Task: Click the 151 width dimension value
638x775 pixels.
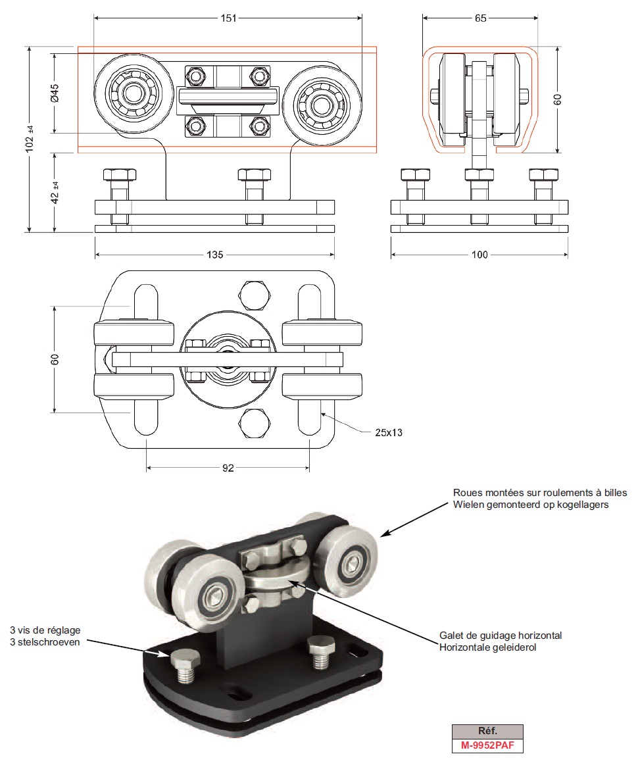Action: click(x=228, y=18)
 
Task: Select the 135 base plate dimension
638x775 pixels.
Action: click(x=216, y=255)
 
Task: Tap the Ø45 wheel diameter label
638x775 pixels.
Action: click(x=55, y=93)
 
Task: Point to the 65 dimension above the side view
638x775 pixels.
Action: click(x=480, y=18)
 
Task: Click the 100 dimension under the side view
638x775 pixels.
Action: click(x=480, y=255)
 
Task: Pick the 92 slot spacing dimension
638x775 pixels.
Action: click(x=228, y=468)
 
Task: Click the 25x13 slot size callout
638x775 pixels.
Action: click(x=389, y=432)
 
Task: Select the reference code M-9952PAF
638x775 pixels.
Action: click(x=487, y=745)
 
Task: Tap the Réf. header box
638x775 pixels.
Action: click(x=487, y=731)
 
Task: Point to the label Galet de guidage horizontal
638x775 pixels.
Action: click(x=501, y=636)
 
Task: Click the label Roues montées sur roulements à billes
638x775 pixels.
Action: click(x=540, y=493)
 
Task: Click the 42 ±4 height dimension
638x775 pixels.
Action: click(x=55, y=192)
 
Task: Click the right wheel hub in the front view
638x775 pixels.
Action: click(x=322, y=103)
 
